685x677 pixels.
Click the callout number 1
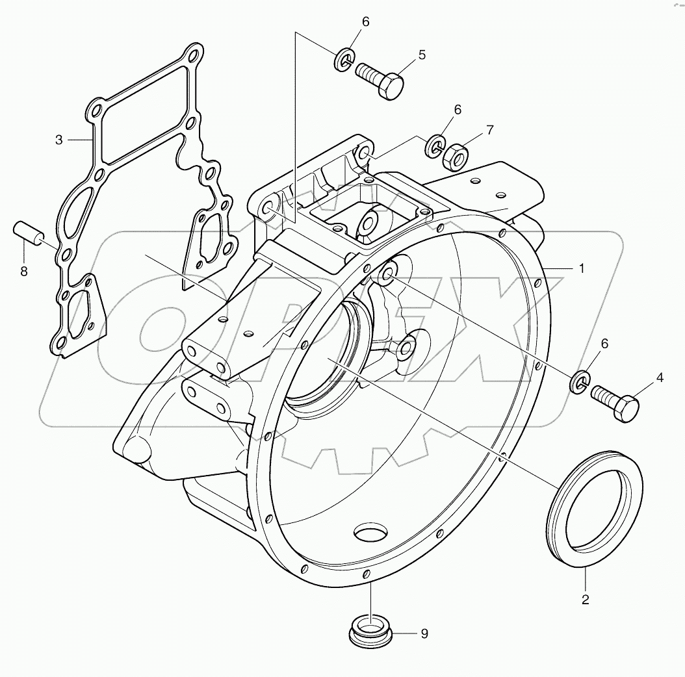pyautogui.click(x=582, y=268)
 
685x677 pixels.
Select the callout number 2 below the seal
pyautogui.click(x=585, y=600)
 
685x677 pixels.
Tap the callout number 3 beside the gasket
pyautogui.click(x=59, y=140)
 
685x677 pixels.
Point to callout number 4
pyautogui.click(x=660, y=376)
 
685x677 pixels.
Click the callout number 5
pyautogui.click(x=422, y=55)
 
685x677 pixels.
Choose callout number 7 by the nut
pyautogui.click(x=489, y=130)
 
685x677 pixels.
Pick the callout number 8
pyautogui.click(x=24, y=272)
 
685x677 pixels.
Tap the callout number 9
pyautogui.click(x=424, y=633)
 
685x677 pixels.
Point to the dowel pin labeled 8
pyautogui.click(x=29, y=234)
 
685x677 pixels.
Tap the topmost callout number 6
pyautogui.click(x=365, y=22)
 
